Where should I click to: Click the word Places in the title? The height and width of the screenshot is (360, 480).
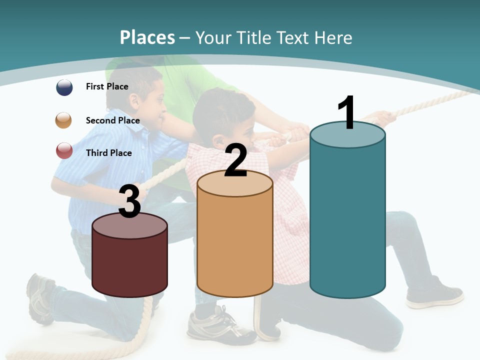(x=147, y=37)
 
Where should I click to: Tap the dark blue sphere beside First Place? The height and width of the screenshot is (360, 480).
(x=64, y=87)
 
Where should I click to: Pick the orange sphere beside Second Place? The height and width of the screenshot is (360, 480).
(x=64, y=120)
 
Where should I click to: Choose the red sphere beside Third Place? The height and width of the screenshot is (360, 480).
(x=64, y=151)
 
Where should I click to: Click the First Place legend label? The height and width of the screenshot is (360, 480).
(x=107, y=86)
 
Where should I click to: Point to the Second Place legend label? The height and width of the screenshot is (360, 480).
(x=112, y=120)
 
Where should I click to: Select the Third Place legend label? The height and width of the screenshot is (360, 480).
(x=108, y=153)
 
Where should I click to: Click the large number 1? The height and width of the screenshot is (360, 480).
(x=347, y=113)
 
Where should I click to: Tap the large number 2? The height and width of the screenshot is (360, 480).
(x=236, y=160)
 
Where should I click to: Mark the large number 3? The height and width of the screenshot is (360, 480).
(x=130, y=201)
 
